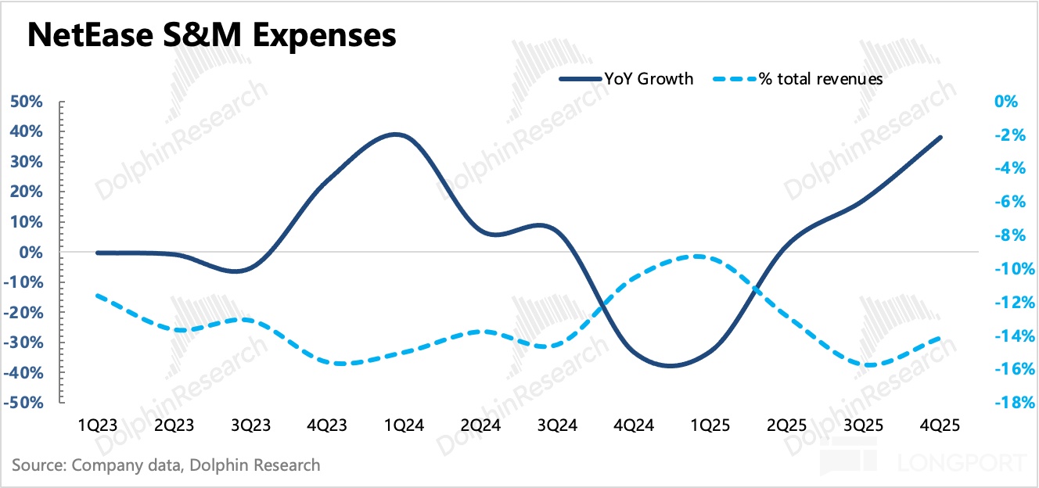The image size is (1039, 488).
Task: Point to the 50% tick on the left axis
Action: pos(26,102)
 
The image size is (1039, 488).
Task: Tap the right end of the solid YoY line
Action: pos(940,138)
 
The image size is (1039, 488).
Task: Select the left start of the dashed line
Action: pos(98,296)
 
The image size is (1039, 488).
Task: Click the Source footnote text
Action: pos(166,465)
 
